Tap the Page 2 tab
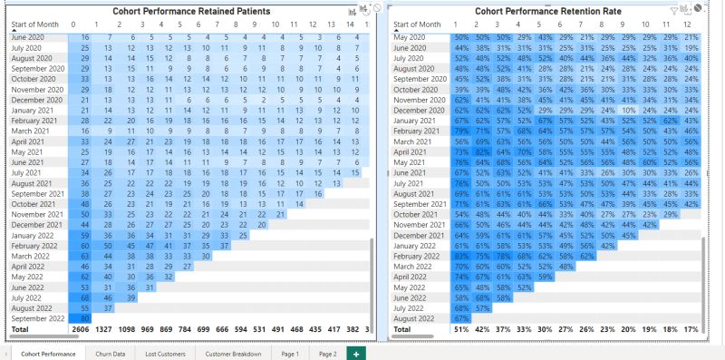click(327, 353)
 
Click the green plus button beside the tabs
click(355, 353)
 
